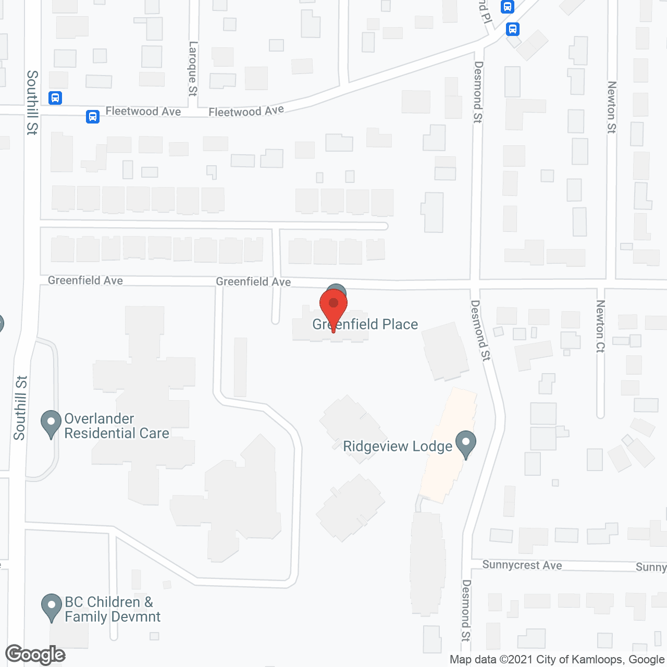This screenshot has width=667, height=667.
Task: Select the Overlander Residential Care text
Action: click(116, 426)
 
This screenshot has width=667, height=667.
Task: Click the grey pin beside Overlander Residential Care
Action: click(51, 424)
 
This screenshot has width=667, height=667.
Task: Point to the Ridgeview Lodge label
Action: click(398, 447)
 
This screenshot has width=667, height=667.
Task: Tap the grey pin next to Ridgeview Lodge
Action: click(466, 444)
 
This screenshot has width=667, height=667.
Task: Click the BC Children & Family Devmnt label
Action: click(112, 609)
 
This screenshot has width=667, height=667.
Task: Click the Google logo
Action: click(35, 654)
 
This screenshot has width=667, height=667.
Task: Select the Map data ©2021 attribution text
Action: click(557, 660)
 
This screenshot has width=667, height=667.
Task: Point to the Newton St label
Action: click(612, 107)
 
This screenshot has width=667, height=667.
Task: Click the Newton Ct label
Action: click(600, 326)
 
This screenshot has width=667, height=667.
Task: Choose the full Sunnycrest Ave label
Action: click(522, 565)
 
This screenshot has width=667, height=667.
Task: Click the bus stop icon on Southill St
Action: click(55, 97)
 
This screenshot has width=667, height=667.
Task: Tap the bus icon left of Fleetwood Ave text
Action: click(93, 116)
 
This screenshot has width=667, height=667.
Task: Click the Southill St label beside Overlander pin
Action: click(20, 407)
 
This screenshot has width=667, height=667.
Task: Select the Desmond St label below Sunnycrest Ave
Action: click(466, 610)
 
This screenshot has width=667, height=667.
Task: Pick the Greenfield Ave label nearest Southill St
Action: click(85, 280)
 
